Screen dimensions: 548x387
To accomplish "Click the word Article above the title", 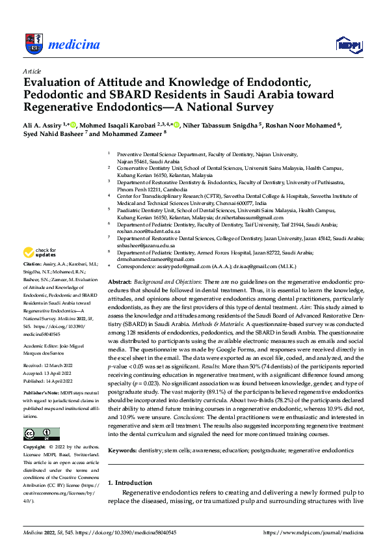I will pyautogui.click(x=32, y=70).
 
